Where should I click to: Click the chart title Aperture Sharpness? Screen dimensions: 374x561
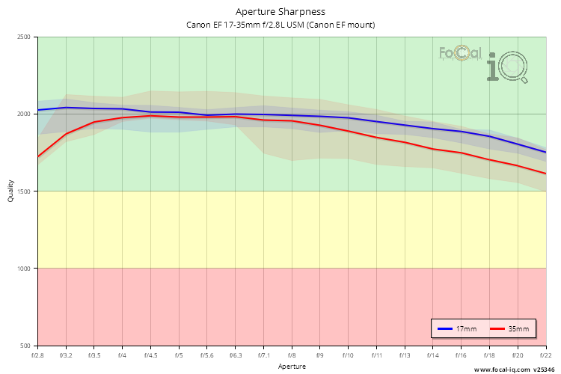tap(280, 11)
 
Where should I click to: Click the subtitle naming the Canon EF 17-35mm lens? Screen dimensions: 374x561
tap(280, 25)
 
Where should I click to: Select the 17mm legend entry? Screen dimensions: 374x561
tap(456, 328)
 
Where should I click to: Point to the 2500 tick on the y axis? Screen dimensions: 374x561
tap(23, 37)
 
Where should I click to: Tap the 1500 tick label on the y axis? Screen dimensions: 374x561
tap(23, 191)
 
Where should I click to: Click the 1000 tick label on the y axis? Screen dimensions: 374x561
tap(23, 269)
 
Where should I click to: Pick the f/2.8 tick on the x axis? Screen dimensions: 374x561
tap(38, 355)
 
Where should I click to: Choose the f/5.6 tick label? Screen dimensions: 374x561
tap(207, 355)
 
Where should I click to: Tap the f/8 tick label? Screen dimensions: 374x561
tap(292, 355)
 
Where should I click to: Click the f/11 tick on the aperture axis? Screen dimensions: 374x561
tap(376, 355)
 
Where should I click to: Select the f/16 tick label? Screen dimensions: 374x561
tap(461, 355)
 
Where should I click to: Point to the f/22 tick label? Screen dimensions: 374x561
tap(545, 355)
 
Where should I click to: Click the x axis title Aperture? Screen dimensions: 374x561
tap(292, 367)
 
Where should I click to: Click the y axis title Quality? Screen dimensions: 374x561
tap(10, 191)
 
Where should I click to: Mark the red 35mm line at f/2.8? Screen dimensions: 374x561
tap(38, 156)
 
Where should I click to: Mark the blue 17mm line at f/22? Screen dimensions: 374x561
tap(545, 152)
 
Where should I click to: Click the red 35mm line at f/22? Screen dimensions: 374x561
tap(545, 174)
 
